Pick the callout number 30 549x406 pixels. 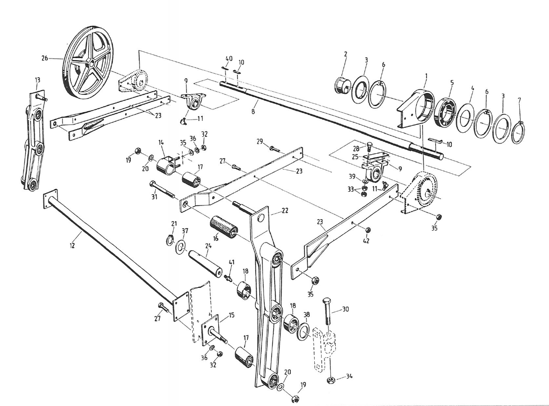pyautogui.click(x=346, y=309)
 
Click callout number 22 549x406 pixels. pyautogui.click(x=285, y=210)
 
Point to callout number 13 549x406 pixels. pyautogui.click(x=37, y=80)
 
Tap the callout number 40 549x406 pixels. pyautogui.click(x=229, y=59)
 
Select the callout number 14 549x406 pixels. pyautogui.click(x=161, y=142)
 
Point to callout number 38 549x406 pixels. pyautogui.click(x=306, y=315)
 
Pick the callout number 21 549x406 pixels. pyautogui.click(x=174, y=223)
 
